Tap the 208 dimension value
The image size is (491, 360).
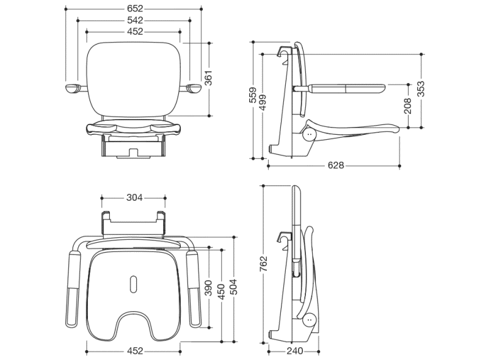coord(407,105)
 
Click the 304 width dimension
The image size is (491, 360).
coord(134,198)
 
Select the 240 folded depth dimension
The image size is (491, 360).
coord(295,351)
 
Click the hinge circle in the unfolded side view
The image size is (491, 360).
coord(310,133)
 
